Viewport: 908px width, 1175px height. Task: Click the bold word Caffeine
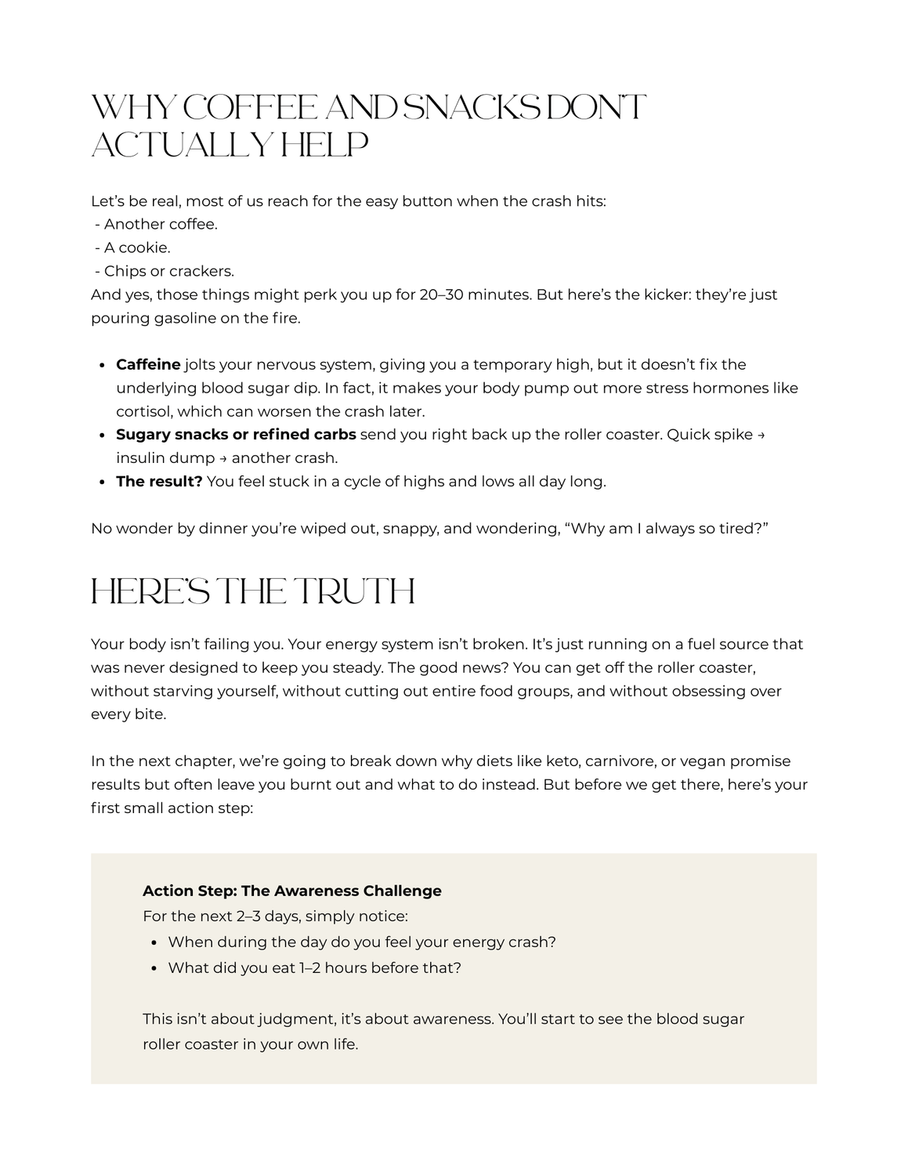click(x=148, y=364)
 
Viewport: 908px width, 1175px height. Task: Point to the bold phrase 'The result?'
click(x=159, y=481)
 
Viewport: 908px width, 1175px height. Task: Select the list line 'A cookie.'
click(x=137, y=248)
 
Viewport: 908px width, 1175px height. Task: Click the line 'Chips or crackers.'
click(x=168, y=271)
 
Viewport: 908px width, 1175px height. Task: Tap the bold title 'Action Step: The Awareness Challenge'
click(x=292, y=891)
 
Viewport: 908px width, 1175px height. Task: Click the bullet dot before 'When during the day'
click(x=154, y=942)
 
